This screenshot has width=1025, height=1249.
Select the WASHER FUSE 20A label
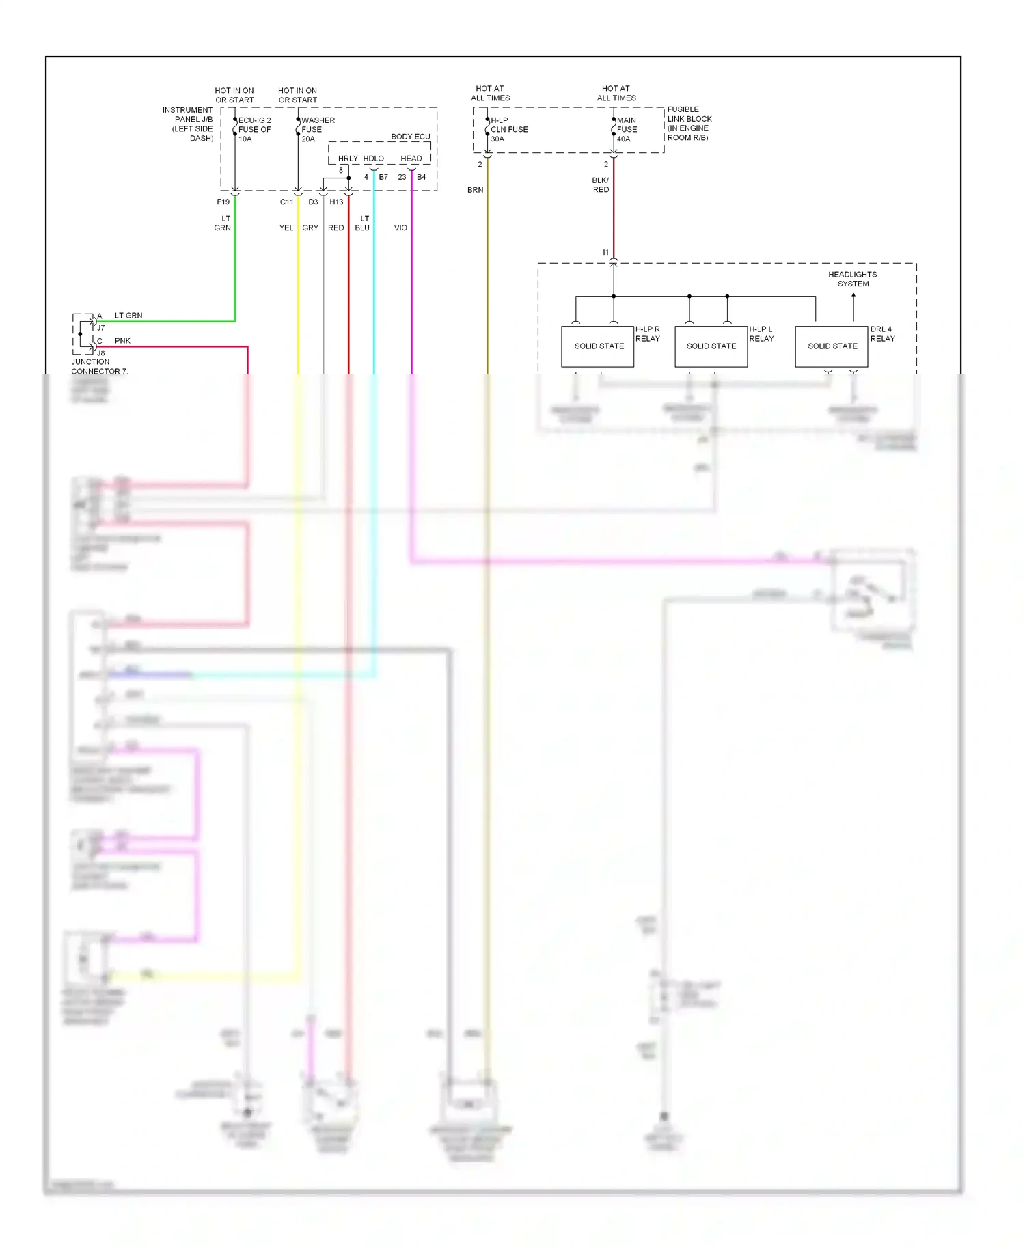tap(317, 129)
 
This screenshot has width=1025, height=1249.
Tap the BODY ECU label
tap(410, 137)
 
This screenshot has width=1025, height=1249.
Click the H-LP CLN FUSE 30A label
tap(508, 129)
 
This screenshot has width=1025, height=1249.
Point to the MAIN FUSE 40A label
tap(627, 129)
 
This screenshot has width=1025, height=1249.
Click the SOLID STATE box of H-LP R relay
tap(598, 346)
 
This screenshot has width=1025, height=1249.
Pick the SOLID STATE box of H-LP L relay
tap(711, 346)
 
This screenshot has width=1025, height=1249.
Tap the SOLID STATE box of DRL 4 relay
tap(832, 346)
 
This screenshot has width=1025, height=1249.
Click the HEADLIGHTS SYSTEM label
tap(852, 279)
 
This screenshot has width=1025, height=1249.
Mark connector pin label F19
tap(223, 202)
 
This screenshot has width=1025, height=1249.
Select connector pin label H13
tap(336, 202)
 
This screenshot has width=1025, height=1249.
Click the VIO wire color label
tap(400, 228)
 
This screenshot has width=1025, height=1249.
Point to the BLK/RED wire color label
tap(601, 185)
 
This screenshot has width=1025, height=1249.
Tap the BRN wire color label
tap(475, 190)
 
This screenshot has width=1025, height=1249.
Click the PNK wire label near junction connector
tap(122, 341)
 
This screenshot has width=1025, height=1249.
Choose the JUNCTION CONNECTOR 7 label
tap(99, 367)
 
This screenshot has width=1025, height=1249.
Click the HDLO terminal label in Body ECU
tap(373, 159)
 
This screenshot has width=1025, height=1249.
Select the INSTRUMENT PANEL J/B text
tap(188, 124)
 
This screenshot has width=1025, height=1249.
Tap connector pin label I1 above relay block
tap(605, 253)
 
